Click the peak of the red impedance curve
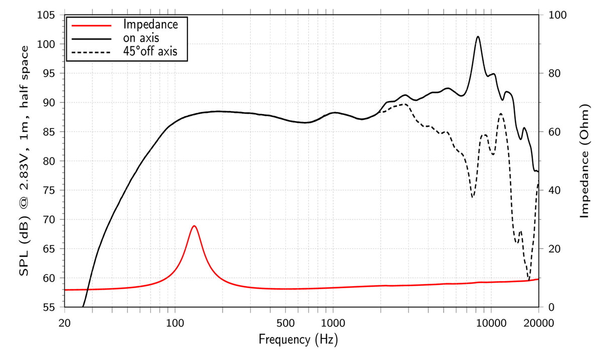(194, 226)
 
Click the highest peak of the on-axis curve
(478, 37)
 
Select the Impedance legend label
(150, 24)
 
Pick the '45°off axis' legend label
(150, 51)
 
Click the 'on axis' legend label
(142, 38)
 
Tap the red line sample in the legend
(91, 24)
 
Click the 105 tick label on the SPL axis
(50, 15)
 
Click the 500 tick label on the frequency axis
(285, 323)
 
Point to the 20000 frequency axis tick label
(538, 323)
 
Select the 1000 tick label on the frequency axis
(333, 323)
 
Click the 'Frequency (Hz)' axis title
(298, 339)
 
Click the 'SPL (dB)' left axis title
(24, 161)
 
